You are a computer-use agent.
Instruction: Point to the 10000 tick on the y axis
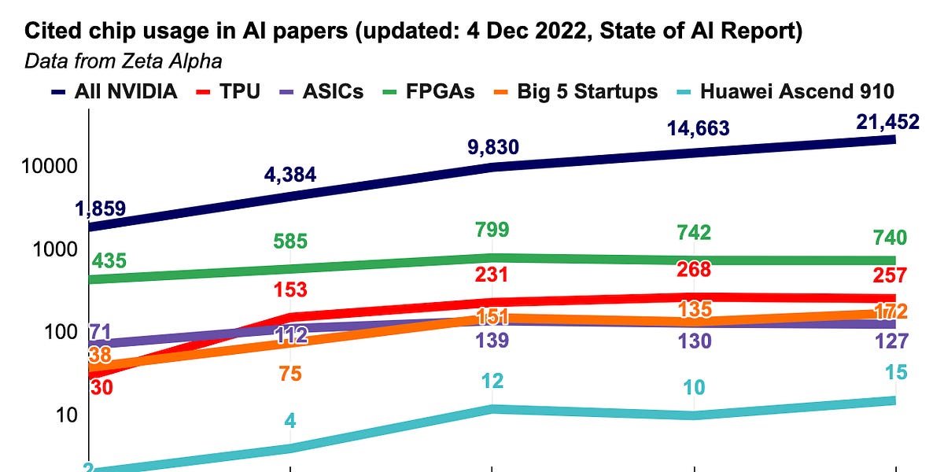(46, 167)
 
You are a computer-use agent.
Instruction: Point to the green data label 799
(492, 230)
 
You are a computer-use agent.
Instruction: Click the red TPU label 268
(694, 269)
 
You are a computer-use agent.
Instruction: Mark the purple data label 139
(492, 341)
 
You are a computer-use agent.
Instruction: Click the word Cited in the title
(50, 34)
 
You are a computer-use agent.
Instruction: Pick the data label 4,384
(289, 175)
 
